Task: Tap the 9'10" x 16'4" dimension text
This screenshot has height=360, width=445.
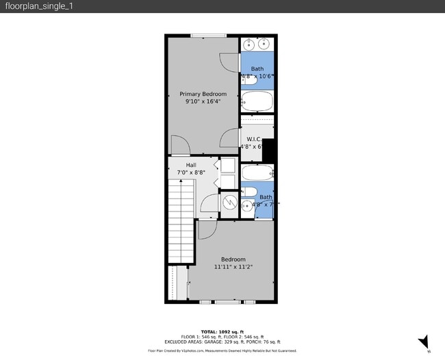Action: [202, 101]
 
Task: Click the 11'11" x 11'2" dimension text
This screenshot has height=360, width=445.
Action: [233, 267]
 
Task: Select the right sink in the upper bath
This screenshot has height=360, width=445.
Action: [265, 44]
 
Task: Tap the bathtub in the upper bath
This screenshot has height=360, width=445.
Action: [257, 103]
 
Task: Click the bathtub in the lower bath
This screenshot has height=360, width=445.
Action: [257, 172]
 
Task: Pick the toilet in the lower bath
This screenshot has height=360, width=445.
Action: [249, 192]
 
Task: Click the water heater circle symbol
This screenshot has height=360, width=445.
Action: [230, 203]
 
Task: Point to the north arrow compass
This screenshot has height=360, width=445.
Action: [424, 342]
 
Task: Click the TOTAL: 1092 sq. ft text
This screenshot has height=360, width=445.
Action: [222, 331]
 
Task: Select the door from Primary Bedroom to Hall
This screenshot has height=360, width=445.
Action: [179, 146]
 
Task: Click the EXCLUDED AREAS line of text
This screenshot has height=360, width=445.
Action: [222, 342]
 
